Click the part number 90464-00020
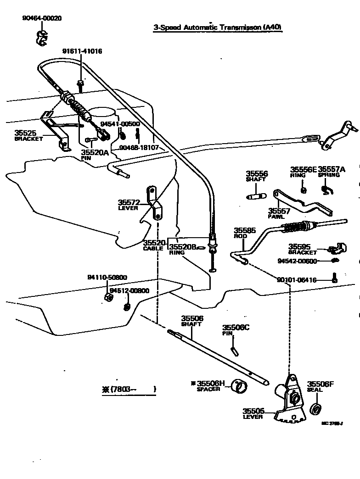point(42,18)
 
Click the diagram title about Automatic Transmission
point(218,28)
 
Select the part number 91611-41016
point(82,51)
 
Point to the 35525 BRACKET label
point(28,135)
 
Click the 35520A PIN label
point(95,154)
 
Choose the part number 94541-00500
point(120,124)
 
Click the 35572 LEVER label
point(129,205)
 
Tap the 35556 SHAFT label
point(256,176)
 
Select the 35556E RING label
point(303,172)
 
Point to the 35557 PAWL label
point(279,213)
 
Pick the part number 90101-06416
point(297,280)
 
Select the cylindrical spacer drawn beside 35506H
point(238,386)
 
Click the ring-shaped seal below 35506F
point(315,408)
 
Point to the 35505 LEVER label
point(253,413)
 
